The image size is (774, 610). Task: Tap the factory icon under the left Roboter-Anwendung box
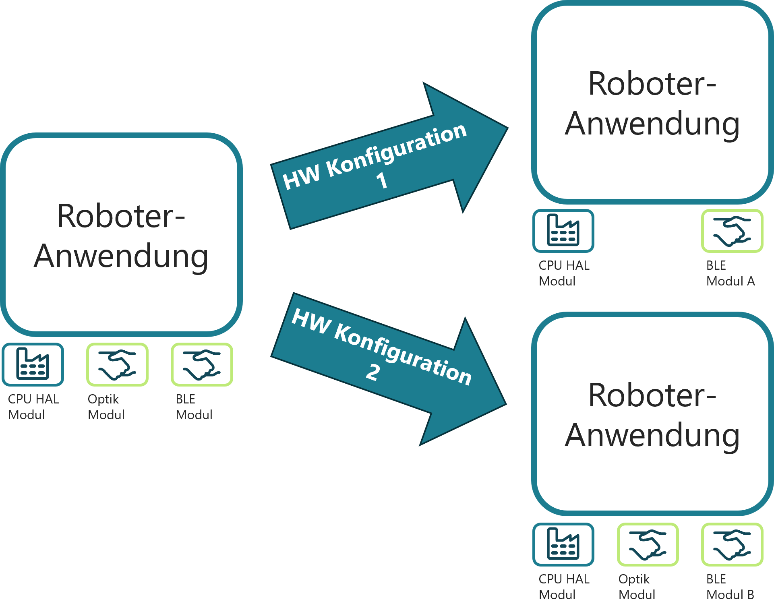[33, 364]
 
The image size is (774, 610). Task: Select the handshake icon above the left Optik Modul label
[117, 364]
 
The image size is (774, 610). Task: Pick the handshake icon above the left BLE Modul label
[202, 364]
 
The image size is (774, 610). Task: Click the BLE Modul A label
[730, 273]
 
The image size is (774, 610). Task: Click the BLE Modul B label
[730, 587]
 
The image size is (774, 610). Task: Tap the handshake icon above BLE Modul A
[732, 231]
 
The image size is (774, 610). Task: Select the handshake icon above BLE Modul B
[732, 544]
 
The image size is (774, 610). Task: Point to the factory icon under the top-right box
[563, 231]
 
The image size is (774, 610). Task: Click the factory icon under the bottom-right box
[563, 544]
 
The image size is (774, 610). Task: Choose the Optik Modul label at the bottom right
[637, 587]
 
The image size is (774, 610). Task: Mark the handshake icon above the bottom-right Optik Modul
[648, 544]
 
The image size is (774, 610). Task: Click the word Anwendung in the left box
[121, 256]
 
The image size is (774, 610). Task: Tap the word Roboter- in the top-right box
[652, 84]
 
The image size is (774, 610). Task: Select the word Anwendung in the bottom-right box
[652, 436]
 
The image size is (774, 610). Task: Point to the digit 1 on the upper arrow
[382, 181]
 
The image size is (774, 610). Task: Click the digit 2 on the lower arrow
[373, 372]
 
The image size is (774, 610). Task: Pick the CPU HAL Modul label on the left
[33, 407]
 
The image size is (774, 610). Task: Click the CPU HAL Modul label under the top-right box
[564, 273]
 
